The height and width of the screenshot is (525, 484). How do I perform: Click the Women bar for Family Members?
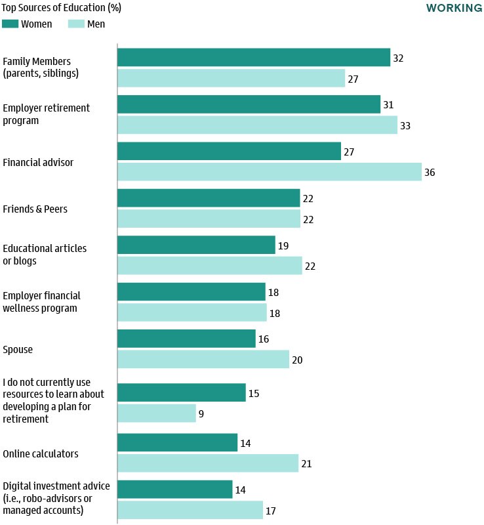(254, 58)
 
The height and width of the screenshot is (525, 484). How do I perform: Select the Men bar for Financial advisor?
(270, 172)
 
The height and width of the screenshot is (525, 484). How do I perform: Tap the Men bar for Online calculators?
(208, 463)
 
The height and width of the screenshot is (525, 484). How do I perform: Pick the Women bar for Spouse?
(186, 339)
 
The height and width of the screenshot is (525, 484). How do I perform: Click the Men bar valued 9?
(157, 413)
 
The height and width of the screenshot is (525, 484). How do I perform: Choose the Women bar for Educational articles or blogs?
(196, 245)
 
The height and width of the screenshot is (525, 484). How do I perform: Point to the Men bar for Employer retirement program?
(257, 125)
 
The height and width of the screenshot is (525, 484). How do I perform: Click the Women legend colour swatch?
(10, 24)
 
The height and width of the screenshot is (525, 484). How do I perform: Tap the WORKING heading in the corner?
(454, 9)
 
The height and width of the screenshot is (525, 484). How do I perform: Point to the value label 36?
(430, 173)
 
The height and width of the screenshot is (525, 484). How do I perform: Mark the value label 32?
(397, 58)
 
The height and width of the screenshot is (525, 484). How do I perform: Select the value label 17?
(270, 510)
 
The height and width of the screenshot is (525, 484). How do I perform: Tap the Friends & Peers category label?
(35, 209)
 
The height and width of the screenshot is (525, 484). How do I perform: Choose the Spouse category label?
(18, 349)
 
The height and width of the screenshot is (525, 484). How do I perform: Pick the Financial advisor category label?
(38, 162)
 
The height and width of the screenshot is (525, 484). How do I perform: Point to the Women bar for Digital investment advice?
(174, 490)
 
